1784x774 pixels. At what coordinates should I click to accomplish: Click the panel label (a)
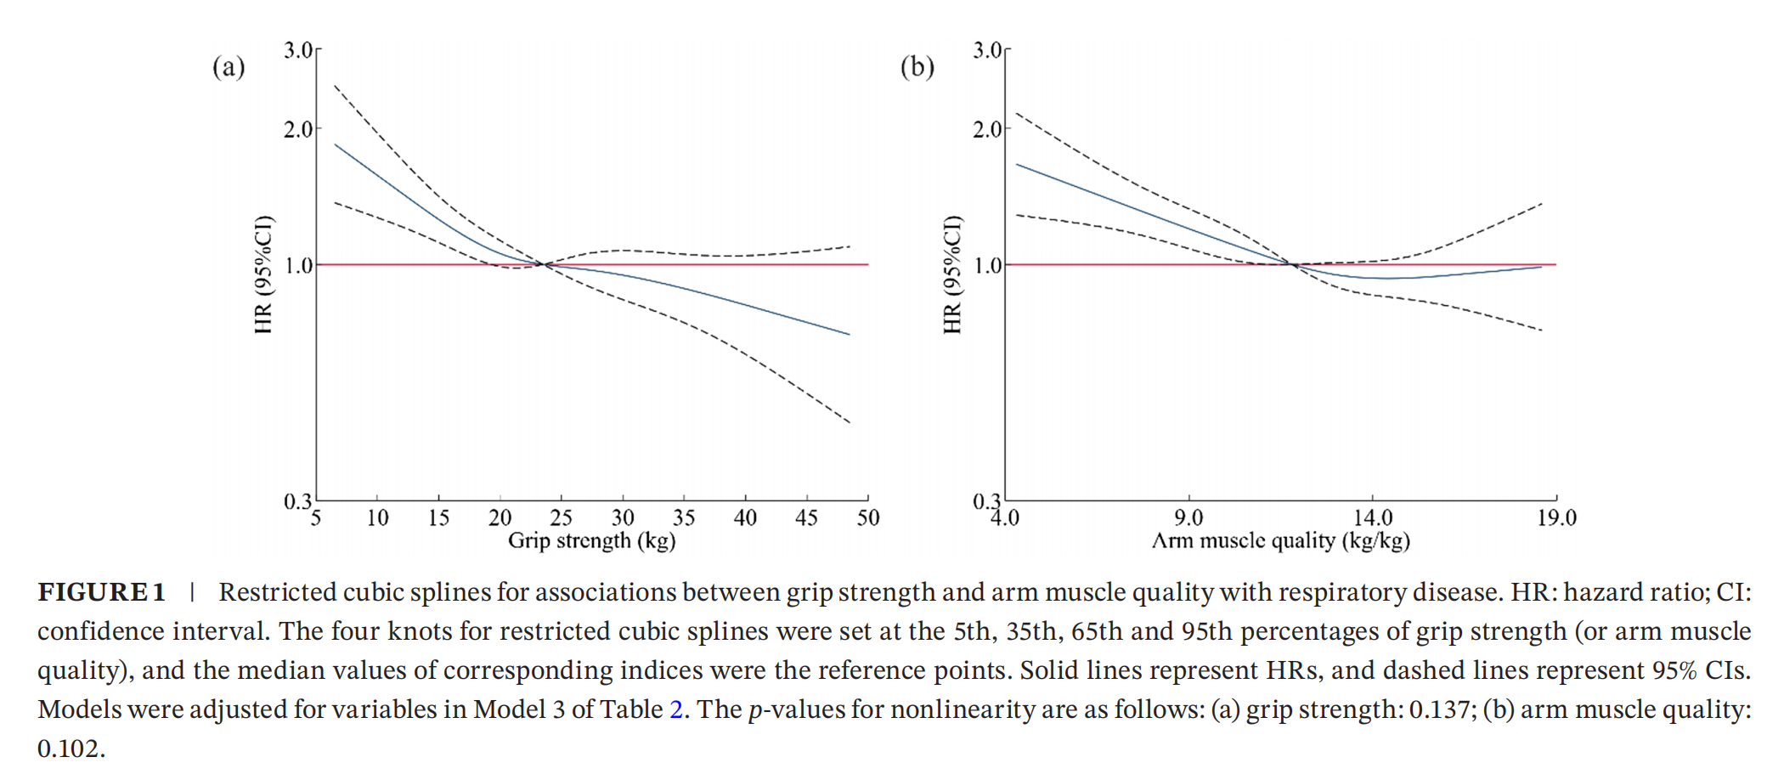click(x=229, y=67)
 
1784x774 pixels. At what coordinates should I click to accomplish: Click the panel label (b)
click(x=917, y=67)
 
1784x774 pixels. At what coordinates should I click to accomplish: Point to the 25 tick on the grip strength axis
click(x=561, y=517)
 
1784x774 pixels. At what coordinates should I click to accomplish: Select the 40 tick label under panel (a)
click(x=745, y=517)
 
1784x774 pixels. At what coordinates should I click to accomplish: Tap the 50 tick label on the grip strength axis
click(x=867, y=517)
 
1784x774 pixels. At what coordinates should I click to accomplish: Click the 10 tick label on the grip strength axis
click(x=377, y=517)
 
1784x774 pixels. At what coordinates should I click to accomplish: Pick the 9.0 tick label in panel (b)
click(x=1188, y=517)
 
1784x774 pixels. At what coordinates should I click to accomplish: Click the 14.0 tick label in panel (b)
click(x=1373, y=517)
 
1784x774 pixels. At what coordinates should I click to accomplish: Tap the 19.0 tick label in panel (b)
click(x=1556, y=517)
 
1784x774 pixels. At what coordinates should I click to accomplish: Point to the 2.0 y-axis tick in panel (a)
click(x=298, y=130)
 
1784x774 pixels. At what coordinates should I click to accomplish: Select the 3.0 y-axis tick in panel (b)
click(x=987, y=50)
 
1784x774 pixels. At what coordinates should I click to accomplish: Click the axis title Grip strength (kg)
click(x=591, y=540)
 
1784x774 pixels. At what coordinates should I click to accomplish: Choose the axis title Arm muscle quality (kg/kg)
click(x=1280, y=540)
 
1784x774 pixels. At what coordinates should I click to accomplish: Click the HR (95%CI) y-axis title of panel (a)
click(x=263, y=274)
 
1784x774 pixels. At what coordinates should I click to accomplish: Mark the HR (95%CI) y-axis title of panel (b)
click(x=952, y=274)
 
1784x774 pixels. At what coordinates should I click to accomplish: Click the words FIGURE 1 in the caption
click(x=101, y=592)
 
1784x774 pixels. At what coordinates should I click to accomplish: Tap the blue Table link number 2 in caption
click(x=676, y=709)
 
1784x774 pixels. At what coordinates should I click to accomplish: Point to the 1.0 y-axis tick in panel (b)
click(x=987, y=266)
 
